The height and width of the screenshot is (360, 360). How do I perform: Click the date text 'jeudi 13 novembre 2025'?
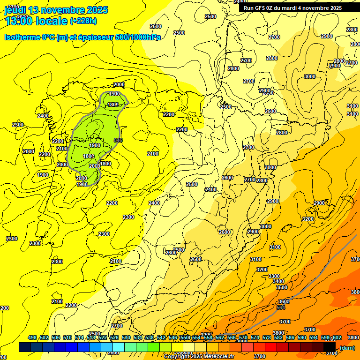click(56, 9)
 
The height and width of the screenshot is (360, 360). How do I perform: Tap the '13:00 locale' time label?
click(35, 21)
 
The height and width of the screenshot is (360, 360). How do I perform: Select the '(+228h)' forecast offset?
click(83, 21)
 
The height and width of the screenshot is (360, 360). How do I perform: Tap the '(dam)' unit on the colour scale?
click(347, 347)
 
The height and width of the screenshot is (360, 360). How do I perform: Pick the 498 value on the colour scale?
click(32, 337)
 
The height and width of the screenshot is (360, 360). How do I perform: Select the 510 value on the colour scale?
click(67, 337)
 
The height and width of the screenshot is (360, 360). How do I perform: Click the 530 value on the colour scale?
click(126, 337)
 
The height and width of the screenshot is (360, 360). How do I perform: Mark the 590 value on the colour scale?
click(302, 337)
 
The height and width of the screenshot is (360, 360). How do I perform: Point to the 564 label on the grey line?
click(281, 307)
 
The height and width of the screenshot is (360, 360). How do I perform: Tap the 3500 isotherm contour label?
click(281, 287)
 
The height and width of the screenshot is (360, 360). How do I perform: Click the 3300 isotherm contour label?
click(274, 276)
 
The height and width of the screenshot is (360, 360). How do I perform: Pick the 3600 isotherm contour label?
click(284, 301)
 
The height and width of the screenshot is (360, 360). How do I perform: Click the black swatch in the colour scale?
click(330, 347)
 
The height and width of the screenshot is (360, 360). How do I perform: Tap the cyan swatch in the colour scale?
click(119, 347)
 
